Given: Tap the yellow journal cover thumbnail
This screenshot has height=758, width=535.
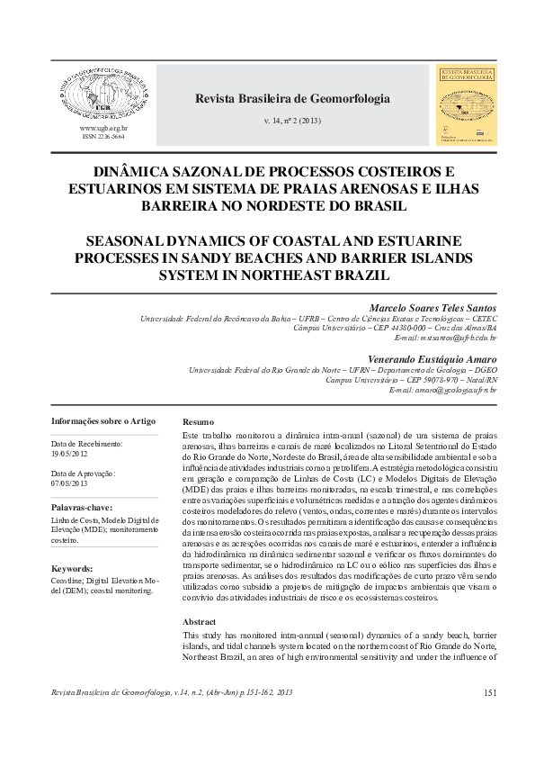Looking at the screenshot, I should (465, 104).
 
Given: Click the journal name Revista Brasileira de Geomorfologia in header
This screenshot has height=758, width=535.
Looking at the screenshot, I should (292, 99).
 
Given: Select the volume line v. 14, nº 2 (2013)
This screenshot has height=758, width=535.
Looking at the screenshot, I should (292, 120).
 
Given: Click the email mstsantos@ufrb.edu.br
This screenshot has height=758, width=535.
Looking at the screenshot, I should (446, 338).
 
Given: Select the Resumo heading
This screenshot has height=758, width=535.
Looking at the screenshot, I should (198, 422).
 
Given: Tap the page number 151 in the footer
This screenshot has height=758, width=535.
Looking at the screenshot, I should (490, 692).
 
